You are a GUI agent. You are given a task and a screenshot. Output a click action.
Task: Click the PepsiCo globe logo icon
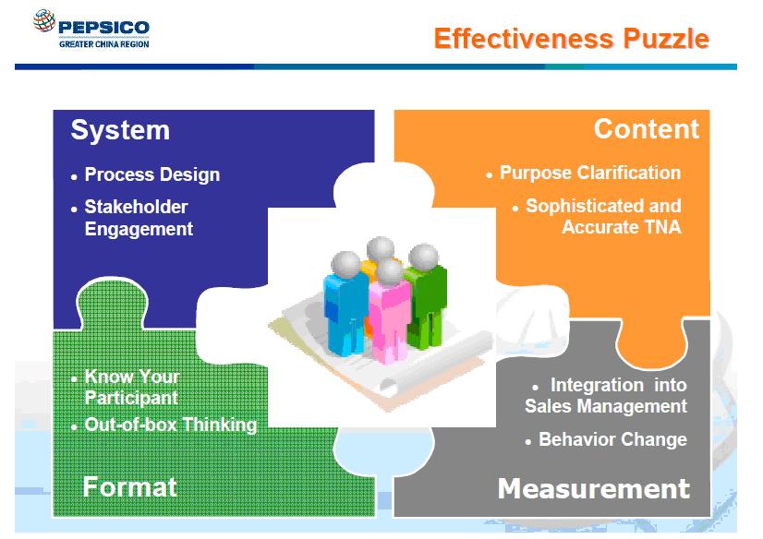[x=44, y=20]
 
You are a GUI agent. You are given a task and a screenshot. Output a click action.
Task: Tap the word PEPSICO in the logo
[x=103, y=27]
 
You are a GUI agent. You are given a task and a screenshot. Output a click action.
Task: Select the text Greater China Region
[x=104, y=43]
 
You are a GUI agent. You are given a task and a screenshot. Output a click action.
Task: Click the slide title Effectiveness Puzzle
[x=571, y=39]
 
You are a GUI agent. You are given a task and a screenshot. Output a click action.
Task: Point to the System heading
[x=120, y=130]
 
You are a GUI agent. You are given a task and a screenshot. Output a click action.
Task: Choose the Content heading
[x=647, y=129]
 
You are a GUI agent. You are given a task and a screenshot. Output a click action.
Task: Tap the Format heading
[x=130, y=486]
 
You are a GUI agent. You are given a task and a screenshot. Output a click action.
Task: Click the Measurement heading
[x=594, y=488]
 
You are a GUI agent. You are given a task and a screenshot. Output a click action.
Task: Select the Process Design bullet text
[x=152, y=175]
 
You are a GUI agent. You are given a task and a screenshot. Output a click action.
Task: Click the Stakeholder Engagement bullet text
[x=139, y=218]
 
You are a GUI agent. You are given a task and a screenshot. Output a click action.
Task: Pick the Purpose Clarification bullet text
[x=590, y=173]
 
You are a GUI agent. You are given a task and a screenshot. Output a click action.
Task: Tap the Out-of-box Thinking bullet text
[x=171, y=425]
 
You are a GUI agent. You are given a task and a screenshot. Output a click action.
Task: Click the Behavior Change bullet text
[x=612, y=439]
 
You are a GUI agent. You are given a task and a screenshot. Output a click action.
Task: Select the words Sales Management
[x=606, y=406]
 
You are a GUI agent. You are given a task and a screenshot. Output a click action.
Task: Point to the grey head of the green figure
[x=424, y=257]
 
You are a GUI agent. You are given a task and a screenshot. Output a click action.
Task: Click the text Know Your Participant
[x=132, y=388]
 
